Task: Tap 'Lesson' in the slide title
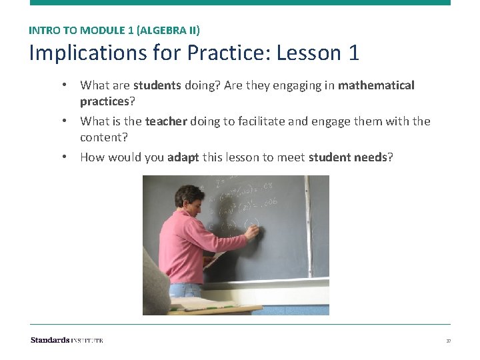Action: coord(307,53)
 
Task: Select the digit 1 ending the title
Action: coord(353,53)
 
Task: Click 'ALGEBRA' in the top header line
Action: coord(158,30)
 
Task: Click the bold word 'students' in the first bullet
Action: coord(157,85)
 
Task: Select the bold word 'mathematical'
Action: coord(376,85)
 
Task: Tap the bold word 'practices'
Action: coord(103,101)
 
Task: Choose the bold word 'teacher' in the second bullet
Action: coord(166,121)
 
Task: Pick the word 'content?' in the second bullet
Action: coord(103,137)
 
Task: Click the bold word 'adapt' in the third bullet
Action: coord(183,157)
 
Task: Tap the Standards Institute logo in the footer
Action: coord(67,341)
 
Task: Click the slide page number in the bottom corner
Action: coord(448,341)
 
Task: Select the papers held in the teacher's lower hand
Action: coord(215,259)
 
